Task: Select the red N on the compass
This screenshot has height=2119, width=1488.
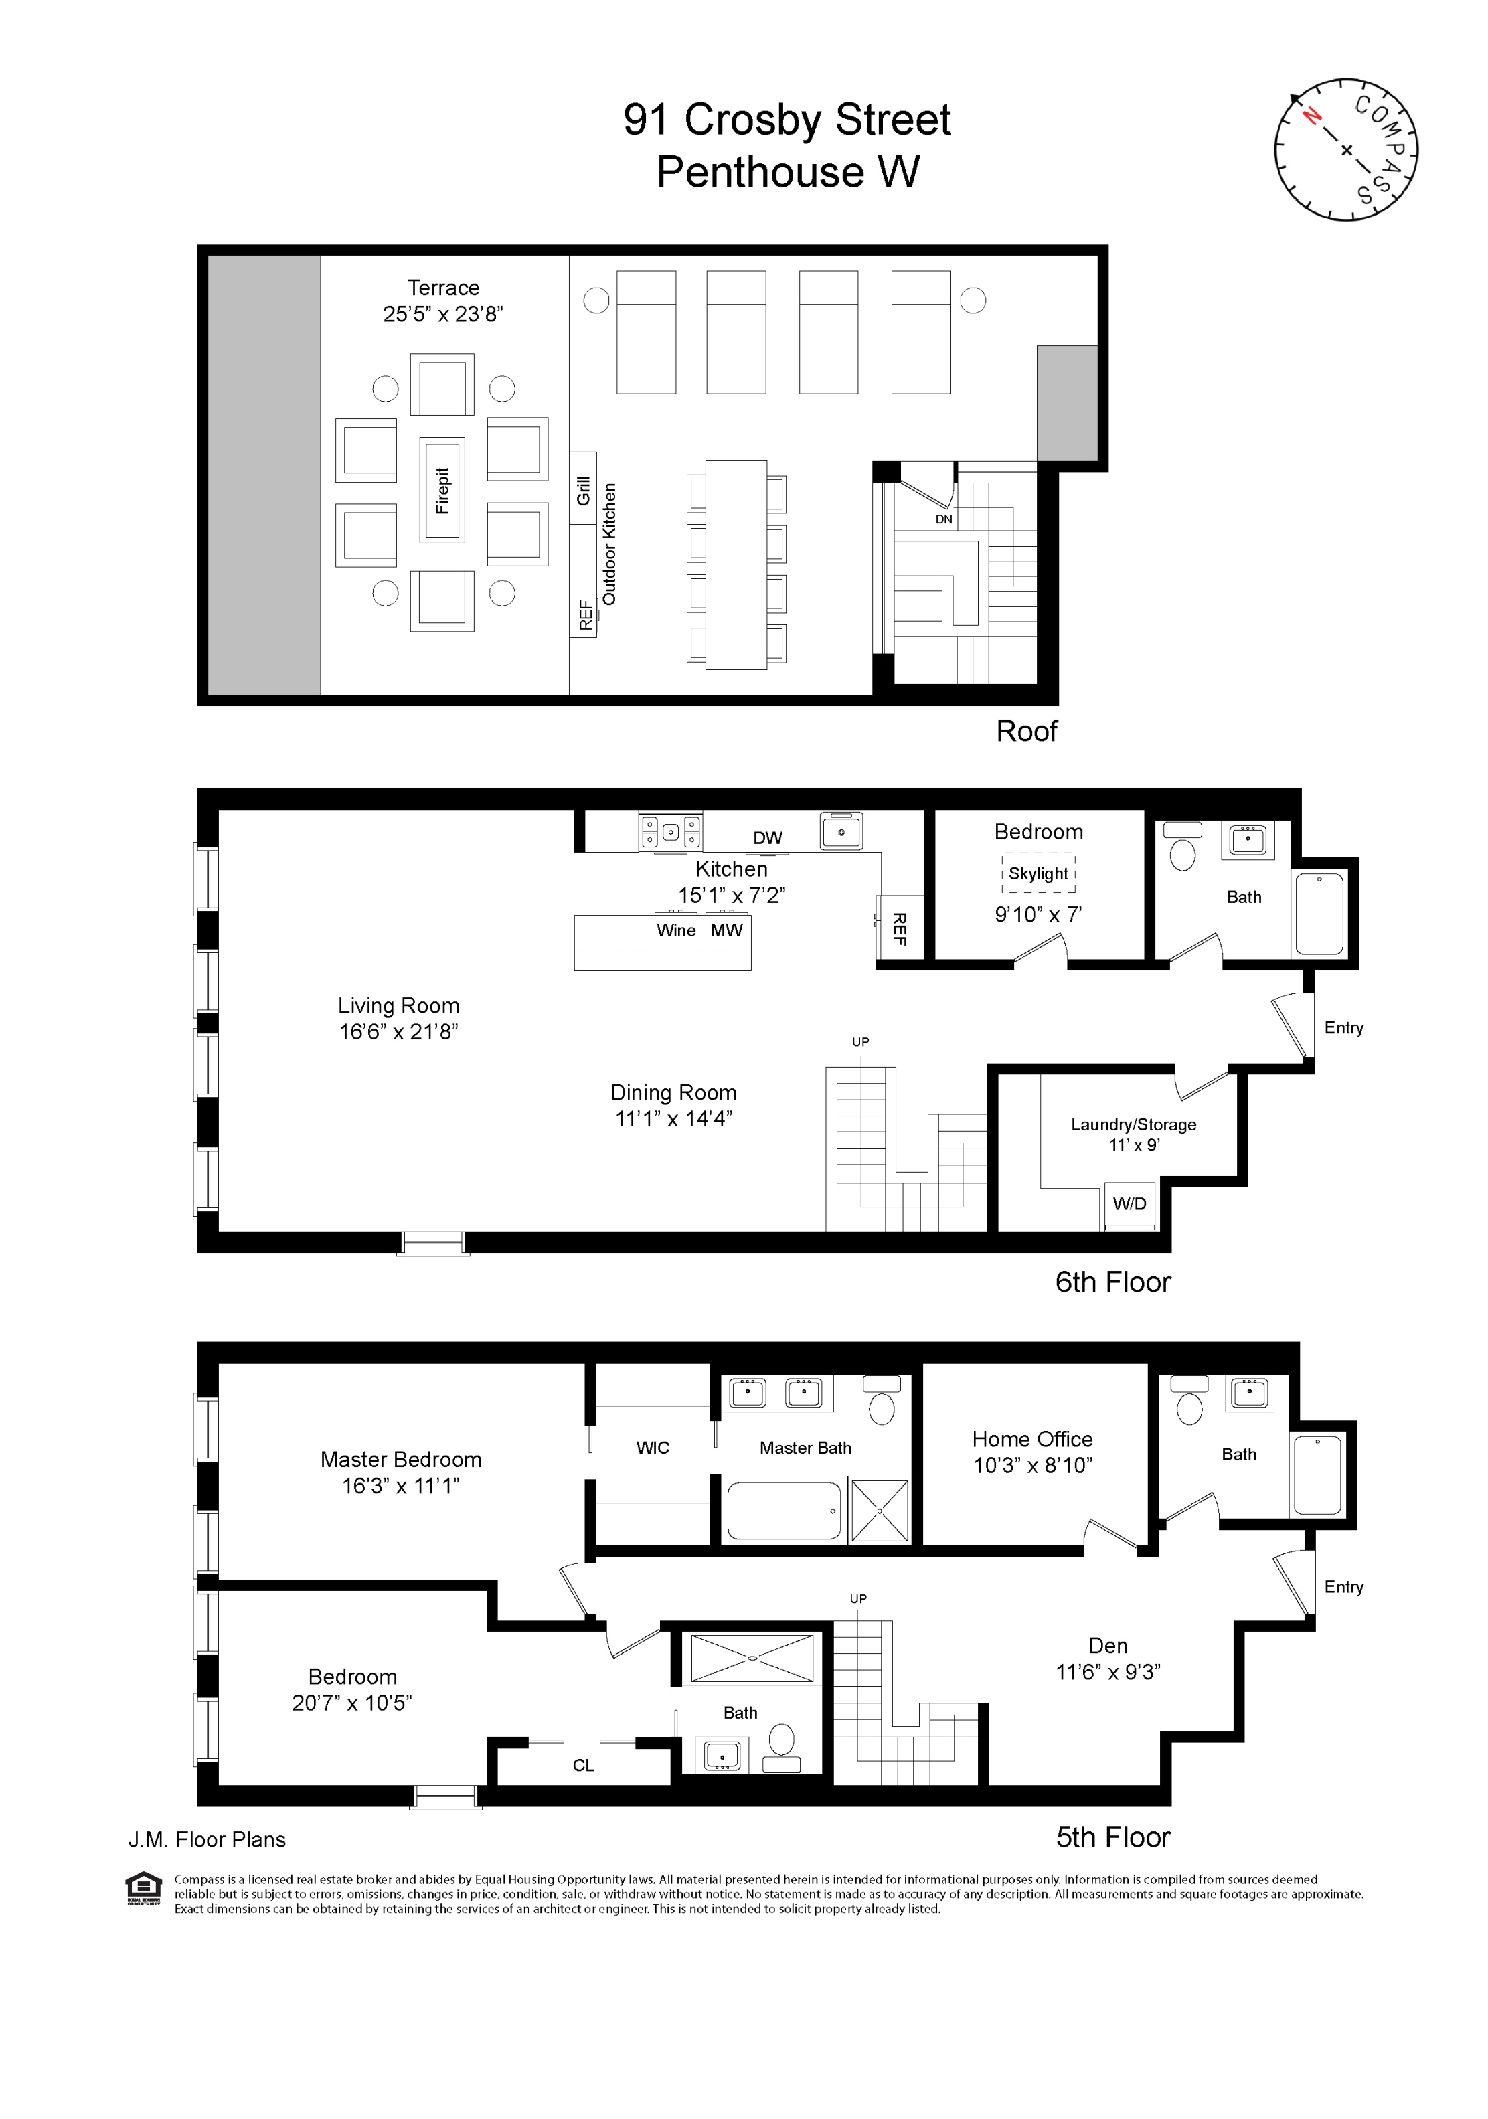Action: (1311, 115)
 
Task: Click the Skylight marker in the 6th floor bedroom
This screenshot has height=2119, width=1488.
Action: (1038, 873)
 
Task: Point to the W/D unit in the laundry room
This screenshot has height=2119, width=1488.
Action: (1130, 1204)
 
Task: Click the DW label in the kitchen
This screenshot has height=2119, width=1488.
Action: (767, 838)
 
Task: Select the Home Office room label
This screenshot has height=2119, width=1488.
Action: (1032, 1439)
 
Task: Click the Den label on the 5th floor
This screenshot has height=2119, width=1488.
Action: (1108, 1646)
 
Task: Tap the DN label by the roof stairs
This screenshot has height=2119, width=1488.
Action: (943, 519)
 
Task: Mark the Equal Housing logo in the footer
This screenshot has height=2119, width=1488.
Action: (144, 1887)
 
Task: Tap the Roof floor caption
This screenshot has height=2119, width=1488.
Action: (1025, 731)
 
